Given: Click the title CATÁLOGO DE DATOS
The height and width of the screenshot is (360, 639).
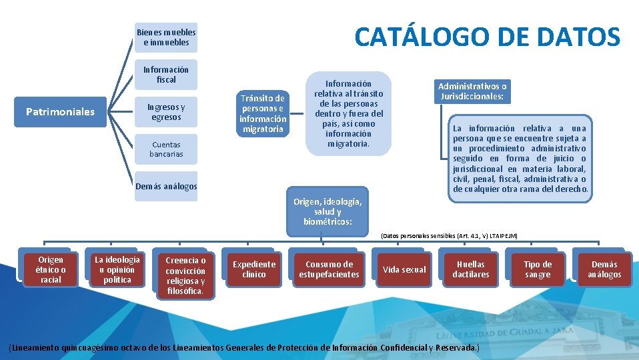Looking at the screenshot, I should coord(487,37).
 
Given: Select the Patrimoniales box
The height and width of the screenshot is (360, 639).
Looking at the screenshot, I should coord(60,111).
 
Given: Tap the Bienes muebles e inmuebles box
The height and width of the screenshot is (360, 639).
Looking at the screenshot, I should coord(166,37).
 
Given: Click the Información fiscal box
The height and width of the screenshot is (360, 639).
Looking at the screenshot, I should coord(166,75).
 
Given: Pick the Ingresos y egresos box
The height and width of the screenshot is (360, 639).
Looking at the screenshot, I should coord(166,112).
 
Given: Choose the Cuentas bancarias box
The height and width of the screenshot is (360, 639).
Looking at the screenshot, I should coord(166,149).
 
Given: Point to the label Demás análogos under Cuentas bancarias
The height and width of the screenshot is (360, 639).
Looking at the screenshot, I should coord(166,187).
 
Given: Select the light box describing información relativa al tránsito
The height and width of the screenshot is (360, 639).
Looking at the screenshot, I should coord(348,113).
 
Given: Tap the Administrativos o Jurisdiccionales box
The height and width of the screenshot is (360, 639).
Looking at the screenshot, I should coord(472,91).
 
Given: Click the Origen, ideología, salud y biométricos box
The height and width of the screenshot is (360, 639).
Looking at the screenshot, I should coord(328,211).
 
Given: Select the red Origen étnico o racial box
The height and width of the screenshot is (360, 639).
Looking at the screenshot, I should coord(51,270).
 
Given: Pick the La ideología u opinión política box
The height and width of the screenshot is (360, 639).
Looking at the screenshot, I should coord(117,269).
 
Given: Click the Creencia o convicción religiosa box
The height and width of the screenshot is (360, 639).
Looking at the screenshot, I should coord(185,275).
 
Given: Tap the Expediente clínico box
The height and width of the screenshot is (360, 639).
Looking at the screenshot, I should coord(254,269).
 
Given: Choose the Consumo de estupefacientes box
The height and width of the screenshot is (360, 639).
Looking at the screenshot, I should coord(329,269).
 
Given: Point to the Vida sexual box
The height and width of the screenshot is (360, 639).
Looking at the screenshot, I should coord(404,269).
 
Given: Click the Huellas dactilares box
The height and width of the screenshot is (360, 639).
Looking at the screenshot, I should coord(470,269).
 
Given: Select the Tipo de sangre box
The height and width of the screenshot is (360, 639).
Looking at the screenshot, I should coord(538,269).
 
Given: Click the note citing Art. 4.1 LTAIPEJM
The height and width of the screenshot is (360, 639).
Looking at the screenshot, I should coord(449,236).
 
